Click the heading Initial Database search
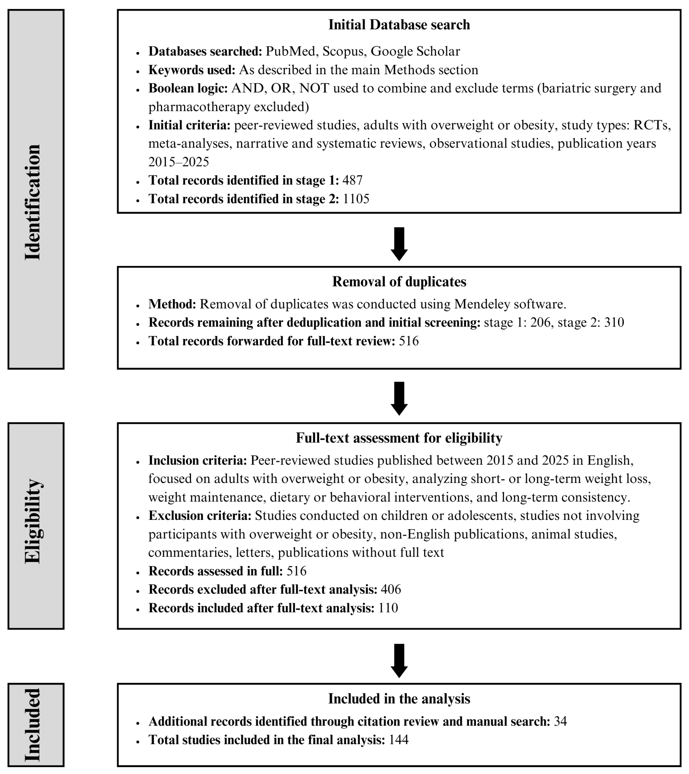(399, 25)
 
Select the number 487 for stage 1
(352, 180)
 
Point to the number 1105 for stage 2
(356, 199)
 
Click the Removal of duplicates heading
(399, 282)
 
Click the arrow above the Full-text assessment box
(399, 398)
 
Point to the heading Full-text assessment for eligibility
(399, 438)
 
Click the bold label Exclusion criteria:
(200, 516)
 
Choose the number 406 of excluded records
(391, 590)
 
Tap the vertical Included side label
(34, 725)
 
